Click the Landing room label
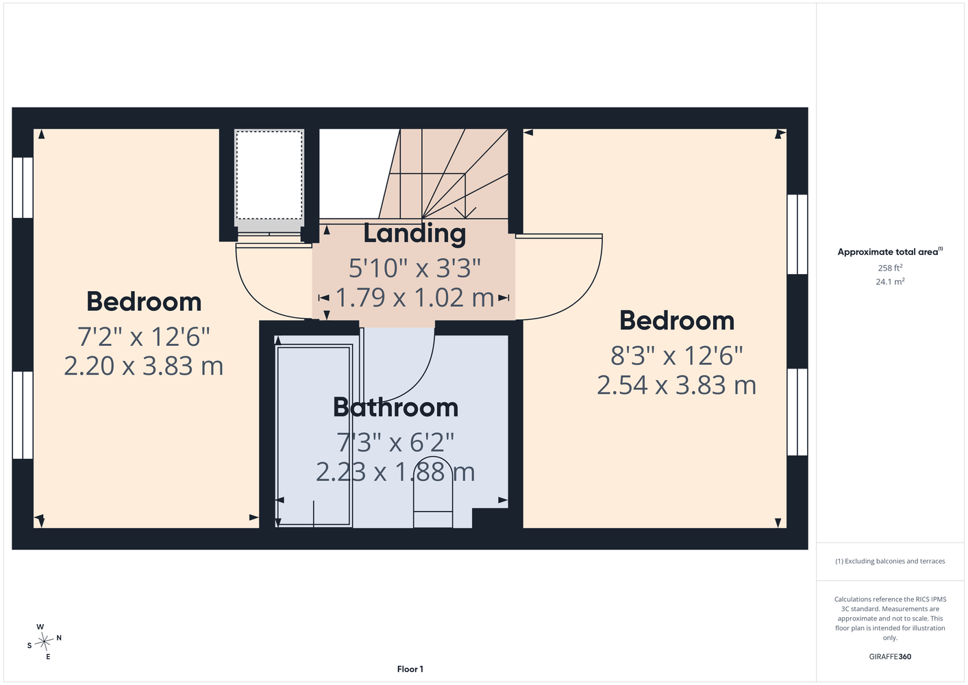click(x=414, y=234)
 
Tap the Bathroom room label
click(x=395, y=407)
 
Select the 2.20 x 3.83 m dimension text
click(x=143, y=366)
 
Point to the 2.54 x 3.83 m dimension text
click(x=676, y=385)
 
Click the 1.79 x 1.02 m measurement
click(x=414, y=298)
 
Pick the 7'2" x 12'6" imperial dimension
click(x=143, y=336)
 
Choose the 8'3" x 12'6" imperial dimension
click(x=676, y=356)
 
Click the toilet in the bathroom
click(x=433, y=493)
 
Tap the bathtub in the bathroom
click(x=314, y=436)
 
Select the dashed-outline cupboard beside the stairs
click(x=269, y=175)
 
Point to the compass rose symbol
click(x=44, y=642)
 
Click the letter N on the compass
click(x=59, y=638)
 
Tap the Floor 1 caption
click(x=410, y=669)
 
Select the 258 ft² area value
click(x=890, y=268)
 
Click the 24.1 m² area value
click(x=890, y=282)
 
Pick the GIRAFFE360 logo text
click(x=890, y=656)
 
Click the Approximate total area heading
click(x=890, y=251)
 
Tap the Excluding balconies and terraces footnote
click(x=890, y=561)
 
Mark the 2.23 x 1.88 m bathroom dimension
click(x=395, y=471)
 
